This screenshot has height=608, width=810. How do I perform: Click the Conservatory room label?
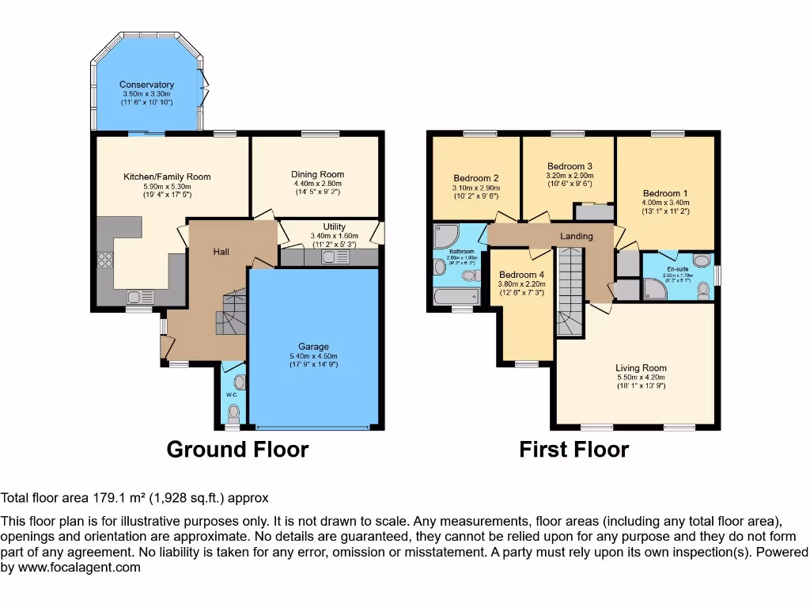tap(146, 85)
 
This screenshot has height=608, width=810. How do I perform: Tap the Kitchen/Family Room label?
tap(167, 177)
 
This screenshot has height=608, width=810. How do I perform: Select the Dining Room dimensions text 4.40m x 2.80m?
tap(317, 184)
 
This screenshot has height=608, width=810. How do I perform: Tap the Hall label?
tap(221, 252)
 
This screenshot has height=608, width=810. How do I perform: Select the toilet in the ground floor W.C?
tap(233, 412)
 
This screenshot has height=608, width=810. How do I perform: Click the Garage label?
tap(313, 347)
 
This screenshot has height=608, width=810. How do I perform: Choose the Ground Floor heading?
tap(237, 450)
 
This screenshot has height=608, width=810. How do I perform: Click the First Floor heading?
tap(573, 450)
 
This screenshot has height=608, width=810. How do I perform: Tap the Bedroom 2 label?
tap(475, 178)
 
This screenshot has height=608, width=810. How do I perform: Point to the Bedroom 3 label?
tap(570, 166)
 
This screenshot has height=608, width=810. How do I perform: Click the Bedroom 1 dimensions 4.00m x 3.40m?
tap(665, 203)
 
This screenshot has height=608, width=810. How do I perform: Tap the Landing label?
tap(577, 236)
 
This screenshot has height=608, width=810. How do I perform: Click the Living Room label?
tap(641, 367)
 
